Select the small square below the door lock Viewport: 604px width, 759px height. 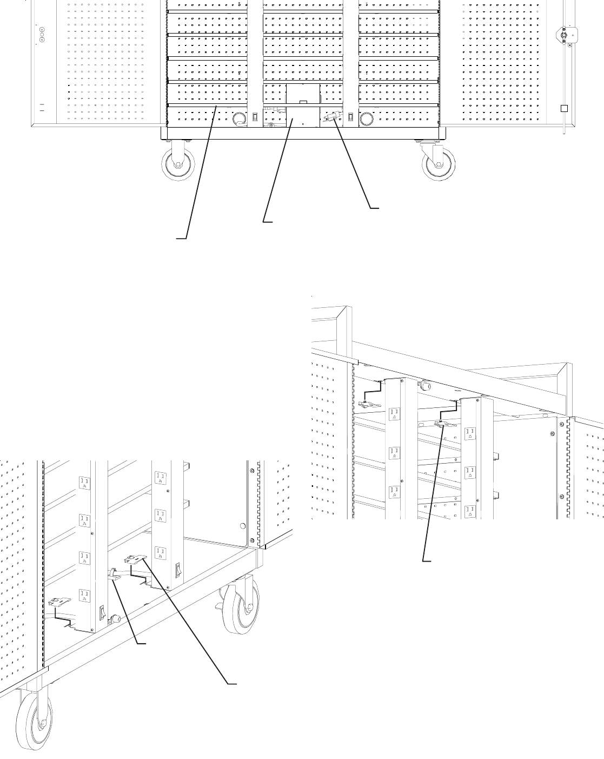tap(564, 107)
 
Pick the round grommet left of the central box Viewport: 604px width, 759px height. tap(238, 118)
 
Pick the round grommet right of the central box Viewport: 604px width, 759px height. tap(367, 118)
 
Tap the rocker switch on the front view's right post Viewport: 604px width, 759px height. tap(351, 117)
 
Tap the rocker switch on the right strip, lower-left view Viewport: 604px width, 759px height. tap(177, 570)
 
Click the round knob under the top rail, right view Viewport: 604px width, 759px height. tap(425, 386)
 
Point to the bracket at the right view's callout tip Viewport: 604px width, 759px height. tap(443, 424)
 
